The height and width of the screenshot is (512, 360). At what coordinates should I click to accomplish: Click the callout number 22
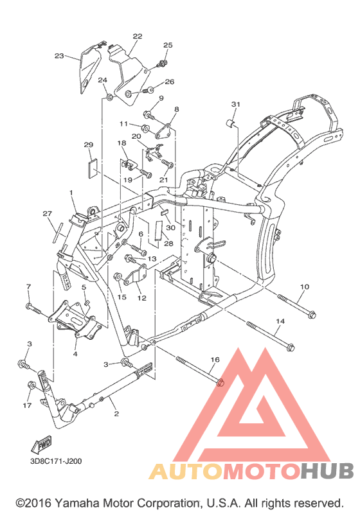click(x=138, y=36)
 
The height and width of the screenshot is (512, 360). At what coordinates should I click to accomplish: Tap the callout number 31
click(x=235, y=104)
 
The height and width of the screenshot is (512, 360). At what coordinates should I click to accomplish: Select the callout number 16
click(x=215, y=360)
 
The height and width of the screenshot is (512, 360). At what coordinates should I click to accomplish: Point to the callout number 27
click(x=48, y=213)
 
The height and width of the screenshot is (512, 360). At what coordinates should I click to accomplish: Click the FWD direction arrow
click(x=41, y=445)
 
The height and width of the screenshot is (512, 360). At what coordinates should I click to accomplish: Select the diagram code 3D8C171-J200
click(x=56, y=461)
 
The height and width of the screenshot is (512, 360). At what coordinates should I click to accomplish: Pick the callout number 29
click(x=89, y=145)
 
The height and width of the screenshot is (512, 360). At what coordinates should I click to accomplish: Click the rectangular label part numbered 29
click(x=93, y=167)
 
